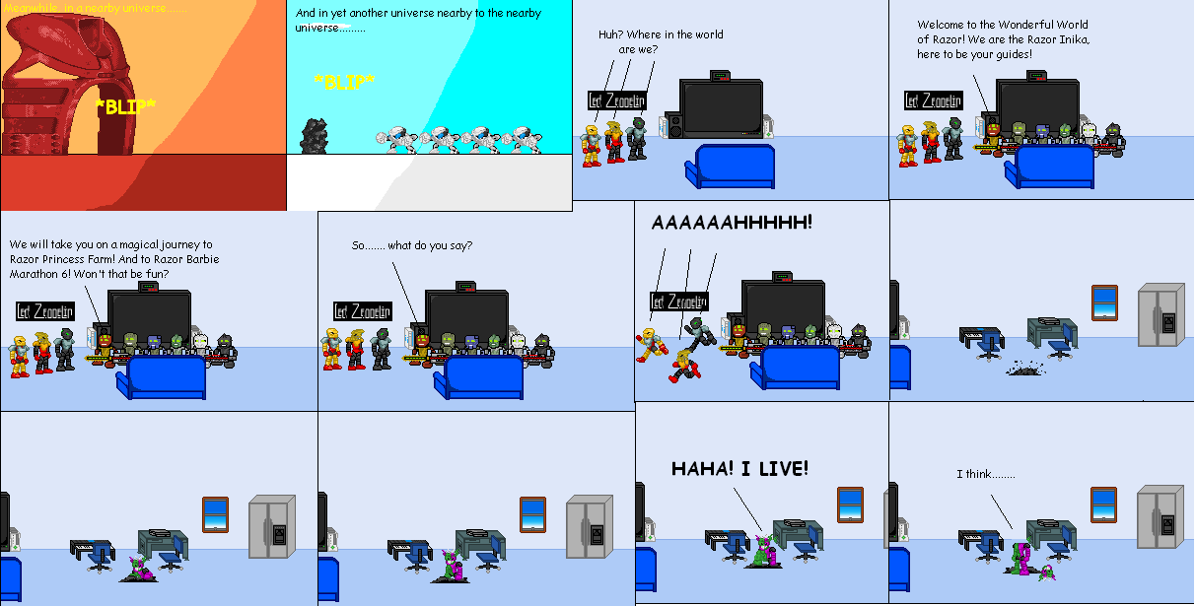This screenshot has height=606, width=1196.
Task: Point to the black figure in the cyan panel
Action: [x=314, y=136]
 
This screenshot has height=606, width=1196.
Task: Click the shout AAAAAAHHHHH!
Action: [x=733, y=223]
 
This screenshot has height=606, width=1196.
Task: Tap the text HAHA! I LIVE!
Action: [x=739, y=469]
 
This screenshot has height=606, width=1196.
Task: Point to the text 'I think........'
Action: [x=986, y=475]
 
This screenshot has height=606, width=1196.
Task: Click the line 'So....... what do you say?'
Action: [x=412, y=245]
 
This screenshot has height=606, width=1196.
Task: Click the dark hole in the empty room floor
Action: [x=1024, y=369]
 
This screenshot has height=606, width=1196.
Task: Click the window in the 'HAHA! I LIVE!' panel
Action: [x=850, y=505]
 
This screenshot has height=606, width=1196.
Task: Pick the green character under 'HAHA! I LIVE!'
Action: [x=761, y=551]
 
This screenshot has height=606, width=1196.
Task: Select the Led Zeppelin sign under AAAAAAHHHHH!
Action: [x=678, y=302]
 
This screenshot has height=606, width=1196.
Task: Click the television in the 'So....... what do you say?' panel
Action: [x=466, y=315]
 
